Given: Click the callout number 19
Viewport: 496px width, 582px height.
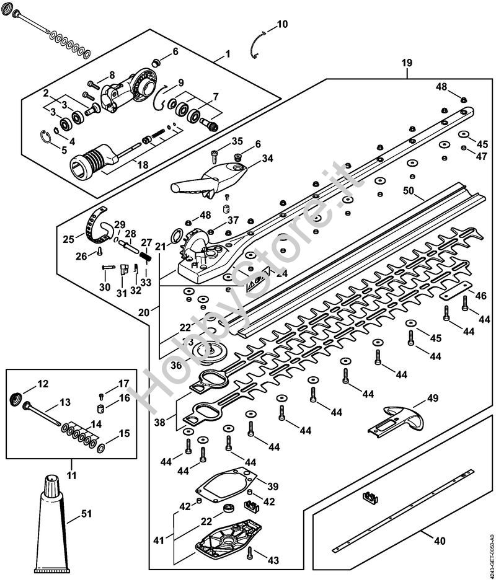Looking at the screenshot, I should pyautogui.click(x=407, y=63).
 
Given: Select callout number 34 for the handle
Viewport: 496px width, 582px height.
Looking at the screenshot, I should pyautogui.click(x=267, y=159).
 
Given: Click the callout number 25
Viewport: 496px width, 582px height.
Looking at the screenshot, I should pyautogui.click(x=69, y=238).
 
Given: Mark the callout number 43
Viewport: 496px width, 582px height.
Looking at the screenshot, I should pyautogui.click(x=273, y=560).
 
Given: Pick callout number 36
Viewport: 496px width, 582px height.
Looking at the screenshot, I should pyautogui.click(x=177, y=366).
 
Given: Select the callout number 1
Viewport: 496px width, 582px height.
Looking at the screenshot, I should pyautogui.click(x=227, y=54).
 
